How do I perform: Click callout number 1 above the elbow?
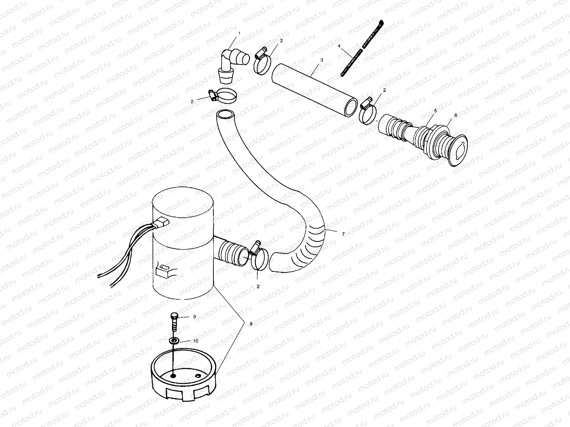tap(239, 33)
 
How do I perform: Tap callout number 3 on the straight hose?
tap(322, 60)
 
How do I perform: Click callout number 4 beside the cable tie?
tap(339, 46)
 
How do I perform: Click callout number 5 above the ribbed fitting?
tap(435, 111)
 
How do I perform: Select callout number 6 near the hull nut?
tap(456, 115)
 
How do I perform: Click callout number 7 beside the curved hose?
tap(343, 234)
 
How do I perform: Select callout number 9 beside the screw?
tap(195, 316)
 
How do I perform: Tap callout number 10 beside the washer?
tap(196, 341)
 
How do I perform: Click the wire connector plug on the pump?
tap(161, 224)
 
